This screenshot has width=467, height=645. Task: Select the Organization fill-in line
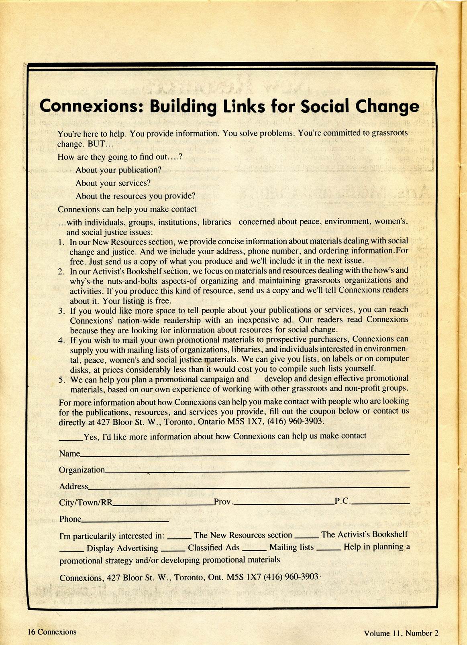pyautogui.click(x=257, y=471)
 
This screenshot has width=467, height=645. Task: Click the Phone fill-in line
pyautogui.click(x=125, y=521)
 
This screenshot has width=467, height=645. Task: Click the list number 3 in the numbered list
pyautogui.click(x=61, y=311)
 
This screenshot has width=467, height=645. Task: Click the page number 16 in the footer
pyautogui.click(x=31, y=632)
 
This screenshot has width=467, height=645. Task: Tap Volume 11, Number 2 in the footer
pyautogui.click(x=401, y=633)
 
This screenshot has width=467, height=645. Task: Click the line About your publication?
pyautogui.click(x=118, y=170)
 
